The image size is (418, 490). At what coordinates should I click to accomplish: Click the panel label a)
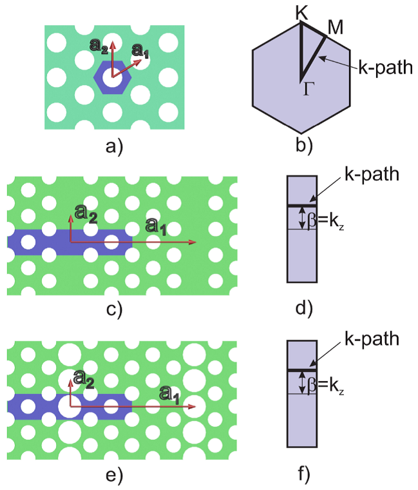pyautogui.click(x=114, y=146)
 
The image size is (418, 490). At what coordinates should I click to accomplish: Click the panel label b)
pyautogui.click(x=301, y=146)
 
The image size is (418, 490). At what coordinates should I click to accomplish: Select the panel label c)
pyautogui.click(x=114, y=309)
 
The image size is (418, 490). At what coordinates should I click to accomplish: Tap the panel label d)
pyautogui.click(x=301, y=309)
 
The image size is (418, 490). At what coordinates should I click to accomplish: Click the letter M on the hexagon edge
pyautogui.click(x=336, y=28)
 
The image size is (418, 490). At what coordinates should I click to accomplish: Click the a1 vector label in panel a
pyautogui.click(x=140, y=52)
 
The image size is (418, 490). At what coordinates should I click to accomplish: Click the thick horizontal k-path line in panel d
pyautogui.click(x=301, y=206)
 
